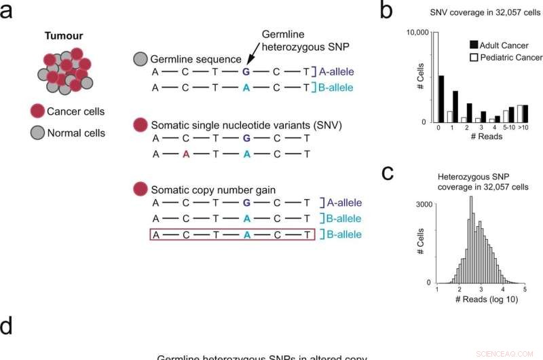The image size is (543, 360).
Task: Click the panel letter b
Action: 386,11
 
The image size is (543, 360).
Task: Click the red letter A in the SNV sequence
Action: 185,154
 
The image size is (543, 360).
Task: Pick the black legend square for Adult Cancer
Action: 474,45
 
